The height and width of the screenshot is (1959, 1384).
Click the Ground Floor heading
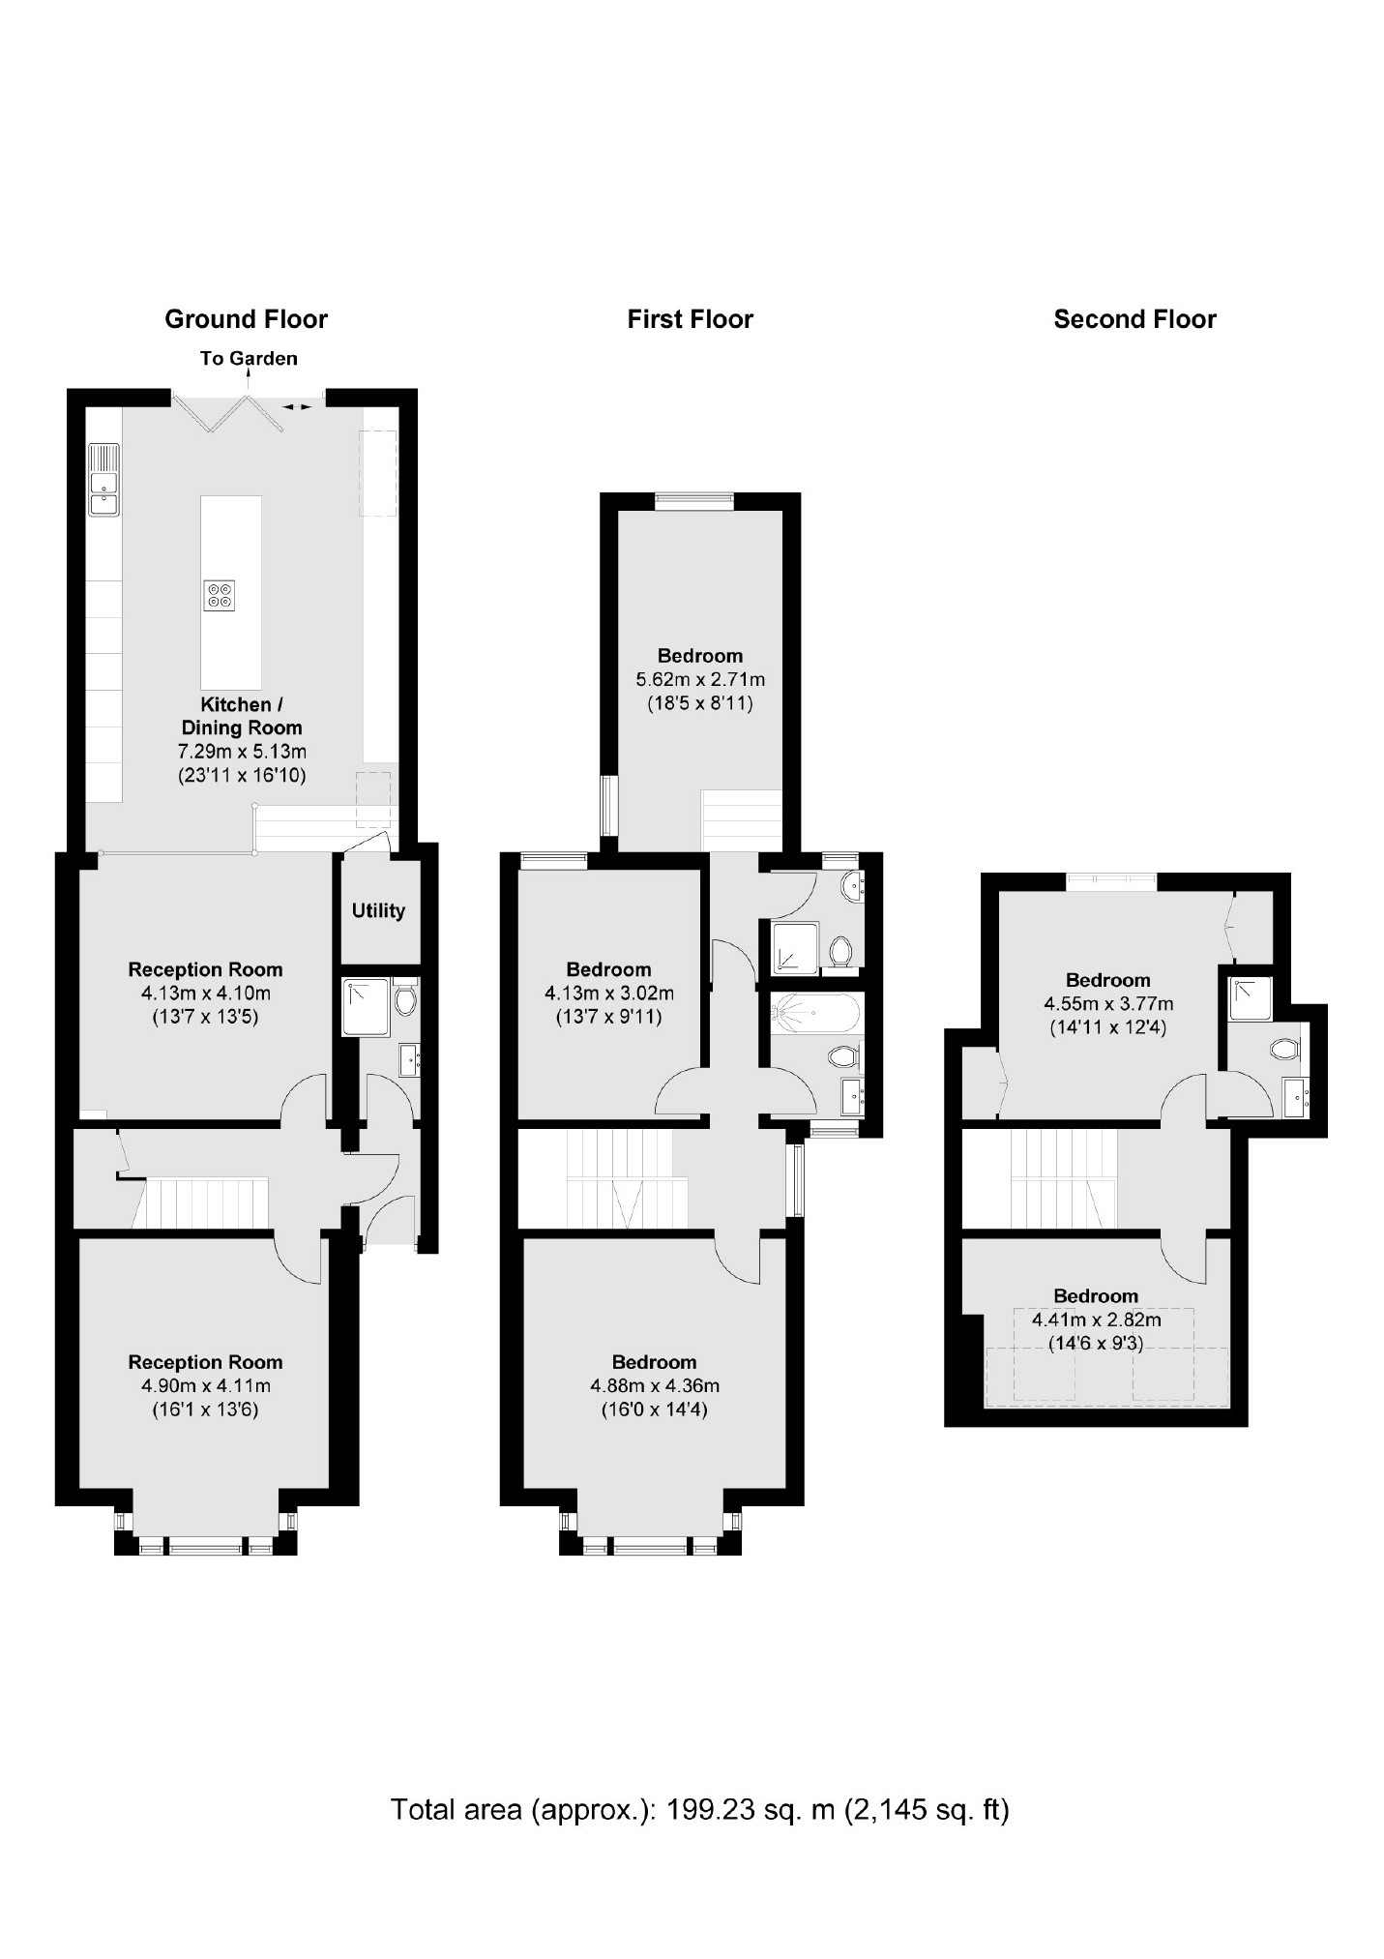coord(246,319)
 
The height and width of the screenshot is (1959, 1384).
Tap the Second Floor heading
coord(1134,319)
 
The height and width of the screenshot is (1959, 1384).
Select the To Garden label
coord(249,359)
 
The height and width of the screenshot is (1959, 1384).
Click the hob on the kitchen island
coord(220,595)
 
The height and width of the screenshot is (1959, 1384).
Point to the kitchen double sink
coord(103,480)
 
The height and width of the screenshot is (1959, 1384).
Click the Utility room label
coord(378,910)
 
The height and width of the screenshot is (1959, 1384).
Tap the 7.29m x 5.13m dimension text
coord(242,752)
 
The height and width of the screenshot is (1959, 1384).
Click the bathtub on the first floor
coord(813,1012)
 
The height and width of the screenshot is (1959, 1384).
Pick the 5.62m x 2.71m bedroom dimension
coord(700,680)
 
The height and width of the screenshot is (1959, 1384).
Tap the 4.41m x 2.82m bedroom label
coord(1097,1320)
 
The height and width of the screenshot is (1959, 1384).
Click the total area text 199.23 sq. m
coord(699,1809)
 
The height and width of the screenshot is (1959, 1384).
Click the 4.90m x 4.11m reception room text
coord(205,1386)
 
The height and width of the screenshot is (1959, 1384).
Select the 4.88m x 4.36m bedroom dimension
coord(655,1386)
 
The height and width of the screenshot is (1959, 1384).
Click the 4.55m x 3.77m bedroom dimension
coord(1108,1004)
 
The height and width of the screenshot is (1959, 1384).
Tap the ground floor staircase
coord(204,1202)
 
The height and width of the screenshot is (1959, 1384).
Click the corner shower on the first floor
coord(795,947)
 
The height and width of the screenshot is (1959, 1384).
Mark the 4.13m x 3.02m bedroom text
coord(609,994)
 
